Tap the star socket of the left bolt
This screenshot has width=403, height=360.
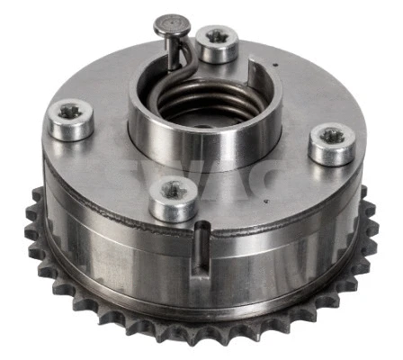70,113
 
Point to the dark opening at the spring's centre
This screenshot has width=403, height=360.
202,112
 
